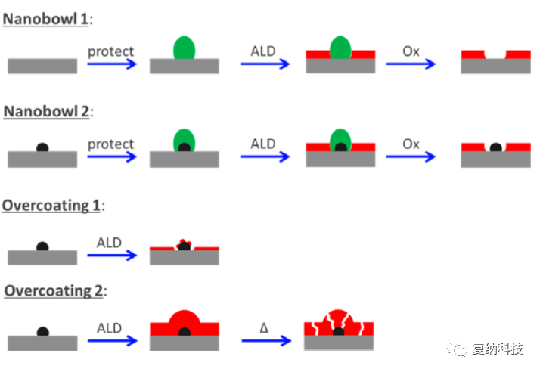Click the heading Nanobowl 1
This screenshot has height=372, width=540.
click(45, 20)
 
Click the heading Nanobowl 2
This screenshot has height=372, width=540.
click(46, 112)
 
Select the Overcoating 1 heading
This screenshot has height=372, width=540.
click(51, 206)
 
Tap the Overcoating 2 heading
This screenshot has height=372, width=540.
click(54, 291)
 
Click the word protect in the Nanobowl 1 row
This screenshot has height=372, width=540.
click(110, 52)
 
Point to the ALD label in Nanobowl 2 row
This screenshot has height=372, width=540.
click(263, 144)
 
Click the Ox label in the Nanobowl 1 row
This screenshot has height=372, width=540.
click(411, 51)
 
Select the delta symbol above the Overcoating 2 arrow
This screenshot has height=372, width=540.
click(264, 327)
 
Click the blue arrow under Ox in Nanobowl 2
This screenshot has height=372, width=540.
click(411, 157)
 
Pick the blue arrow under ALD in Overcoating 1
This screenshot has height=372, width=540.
click(112, 256)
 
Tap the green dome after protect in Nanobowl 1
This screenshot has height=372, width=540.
click(185, 48)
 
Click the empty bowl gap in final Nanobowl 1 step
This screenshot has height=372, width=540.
click(495, 54)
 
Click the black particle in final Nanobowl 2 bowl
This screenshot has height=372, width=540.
click(495, 147)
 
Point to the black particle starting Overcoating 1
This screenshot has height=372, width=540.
click(42, 246)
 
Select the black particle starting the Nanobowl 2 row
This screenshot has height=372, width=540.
click(42, 147)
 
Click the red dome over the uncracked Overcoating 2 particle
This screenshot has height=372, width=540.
click(185, 318)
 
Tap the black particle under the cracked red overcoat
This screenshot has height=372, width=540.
click(339, 332)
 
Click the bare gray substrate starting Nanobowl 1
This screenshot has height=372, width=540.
click(42, 66)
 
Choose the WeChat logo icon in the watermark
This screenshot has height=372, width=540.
click(457, 349)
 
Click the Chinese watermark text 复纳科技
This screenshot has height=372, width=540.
click(498, 349)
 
